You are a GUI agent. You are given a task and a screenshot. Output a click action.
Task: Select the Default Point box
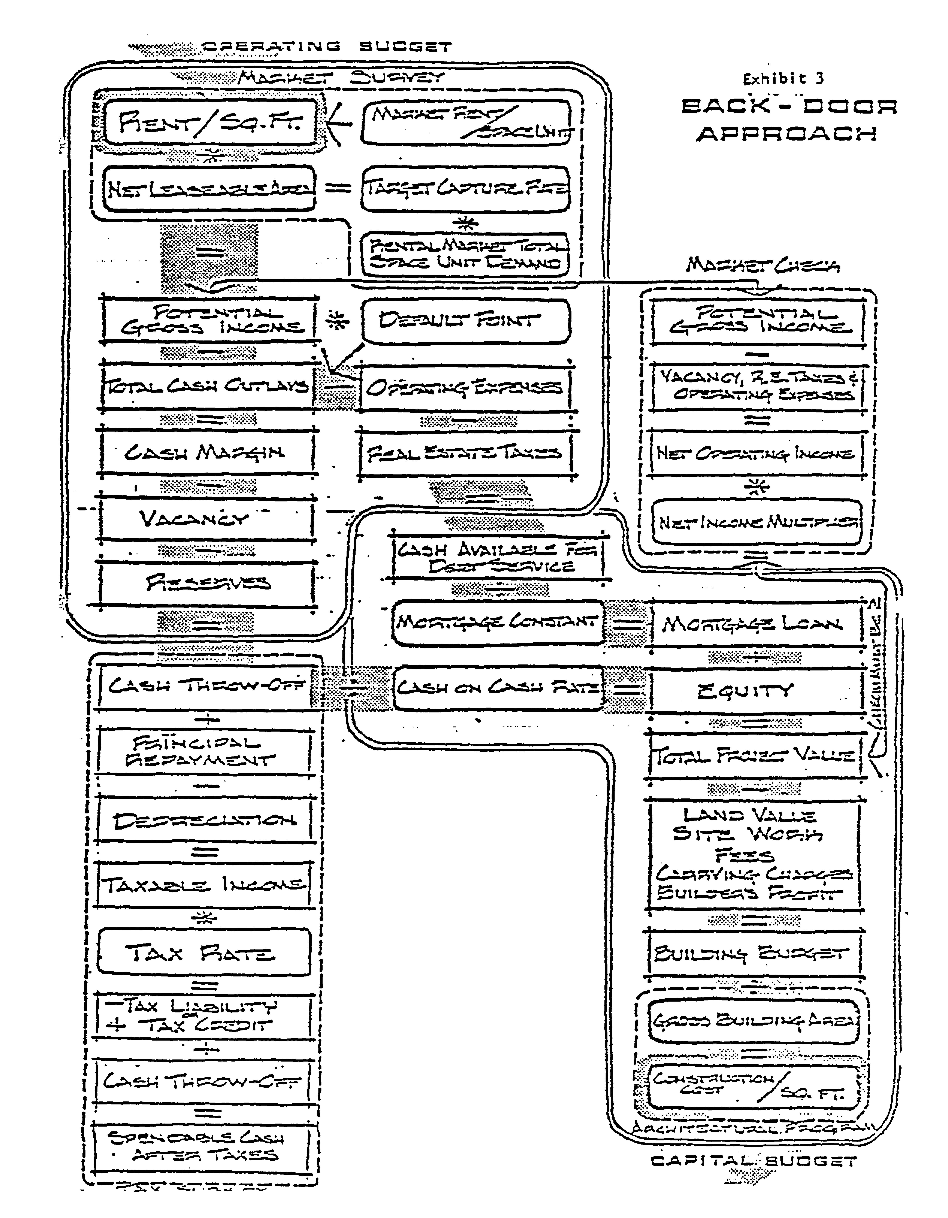466,321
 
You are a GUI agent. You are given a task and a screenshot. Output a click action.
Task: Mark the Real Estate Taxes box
466,453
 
